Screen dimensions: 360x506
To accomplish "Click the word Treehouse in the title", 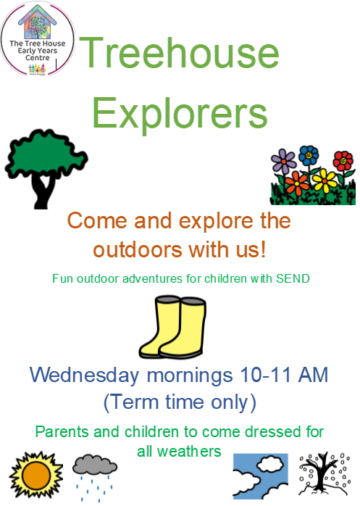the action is pyautogui.click(x=179, y=52).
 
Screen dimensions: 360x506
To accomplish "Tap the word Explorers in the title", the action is pyautogui.click(x=180, y=113).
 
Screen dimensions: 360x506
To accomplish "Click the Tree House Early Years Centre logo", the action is pyautogui.click(x=38, y=38).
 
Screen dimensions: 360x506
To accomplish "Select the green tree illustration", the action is pyautogui.click(x=45, y=167).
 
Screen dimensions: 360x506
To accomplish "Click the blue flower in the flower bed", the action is pyautogui.click(x=309, y=156).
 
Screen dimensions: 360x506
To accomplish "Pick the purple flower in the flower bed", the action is pyautogui.click(x=283, y=161).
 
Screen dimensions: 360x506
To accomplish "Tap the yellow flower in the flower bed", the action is pyautogui.click(x=325, y=181).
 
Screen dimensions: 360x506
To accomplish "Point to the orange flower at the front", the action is pyautogui.click(x=297, y=183).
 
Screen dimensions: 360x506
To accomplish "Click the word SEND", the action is pyautogui.click(x=293, y=278).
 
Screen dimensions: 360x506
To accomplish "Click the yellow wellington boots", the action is pyautogui.click(x=172, y=326).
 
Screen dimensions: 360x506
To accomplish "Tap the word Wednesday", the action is pyautogui.click(x=85, y=376).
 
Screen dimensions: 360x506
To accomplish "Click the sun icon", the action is pyautogui.click(x=36, y=475).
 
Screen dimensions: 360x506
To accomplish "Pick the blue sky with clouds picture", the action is pyautogui.click(x=260, y=476).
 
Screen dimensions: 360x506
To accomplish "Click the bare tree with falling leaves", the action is pyautogui.click(x=325, y=474).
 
